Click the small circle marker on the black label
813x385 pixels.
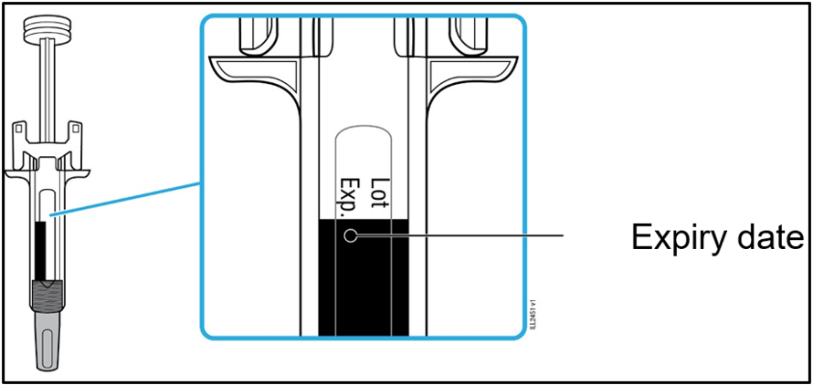(351, 236)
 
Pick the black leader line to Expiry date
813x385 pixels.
(459, 236)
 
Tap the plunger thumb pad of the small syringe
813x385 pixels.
(48, 29)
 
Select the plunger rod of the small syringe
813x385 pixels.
(48, 83)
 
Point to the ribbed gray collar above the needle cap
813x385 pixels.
(48, 297)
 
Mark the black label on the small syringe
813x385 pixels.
(40, 250)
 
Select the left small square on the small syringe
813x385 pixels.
(18, 126)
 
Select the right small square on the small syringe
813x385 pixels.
(76, 126)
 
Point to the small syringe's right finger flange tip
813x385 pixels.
(90, 172)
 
